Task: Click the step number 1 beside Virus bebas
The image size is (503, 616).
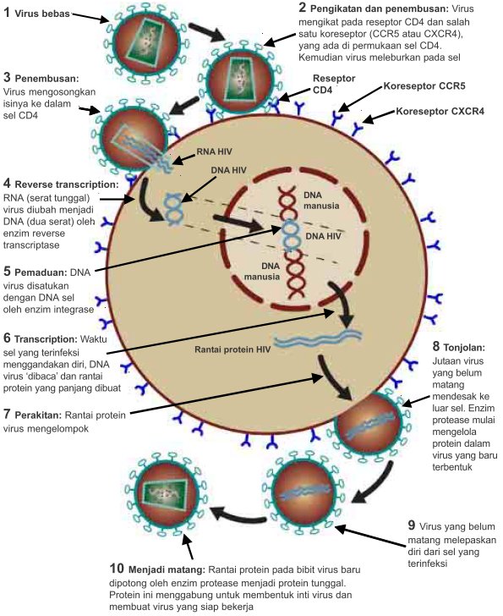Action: pyautogui.click(x=8, y=14)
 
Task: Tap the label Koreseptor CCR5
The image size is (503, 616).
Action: pyautogui.click(x=425, y=86)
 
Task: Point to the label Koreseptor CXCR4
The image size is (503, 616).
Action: pyautogui.click(x=442, y=111)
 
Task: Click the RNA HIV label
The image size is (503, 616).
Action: pyautogui.click(x=212, y=153)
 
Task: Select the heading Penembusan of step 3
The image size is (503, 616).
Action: pyautogui.click(x=56, y=77)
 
